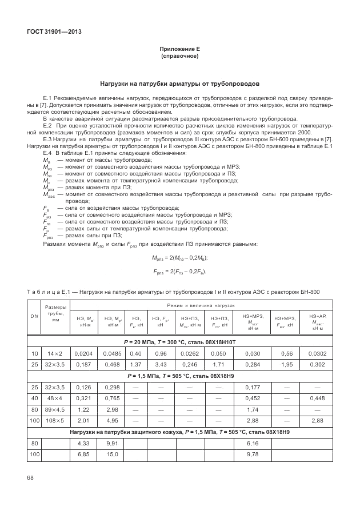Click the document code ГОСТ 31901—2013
point(54,32)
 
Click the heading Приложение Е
point(179,50)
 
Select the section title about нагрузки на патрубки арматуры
point(179,83)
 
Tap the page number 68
point(31,477)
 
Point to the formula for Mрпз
point(179,258)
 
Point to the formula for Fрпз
point(179,271)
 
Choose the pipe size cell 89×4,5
point(55,410)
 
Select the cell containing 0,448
point(317,399)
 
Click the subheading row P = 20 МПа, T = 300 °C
point(179,343)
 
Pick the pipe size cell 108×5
point(55,421)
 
